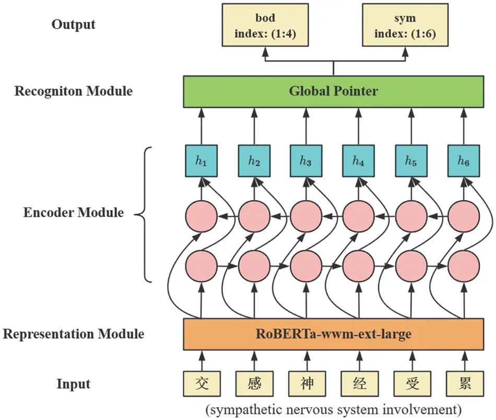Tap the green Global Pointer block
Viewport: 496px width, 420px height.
pos(333,91)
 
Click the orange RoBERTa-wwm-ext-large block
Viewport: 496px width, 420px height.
pos(333,334)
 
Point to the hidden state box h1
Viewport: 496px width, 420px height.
pos(201,161)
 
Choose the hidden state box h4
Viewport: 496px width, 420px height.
pos(358,161)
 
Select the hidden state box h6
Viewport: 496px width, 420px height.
pos(463,161)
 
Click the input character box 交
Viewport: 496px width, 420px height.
pos(201,384)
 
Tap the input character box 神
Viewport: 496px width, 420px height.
pos(306,384)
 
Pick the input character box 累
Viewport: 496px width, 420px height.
pos(463,384)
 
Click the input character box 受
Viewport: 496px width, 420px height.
pos(411,384)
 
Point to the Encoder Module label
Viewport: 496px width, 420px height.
pos(74,213)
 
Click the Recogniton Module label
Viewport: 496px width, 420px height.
pos(74,91)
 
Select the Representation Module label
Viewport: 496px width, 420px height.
pos(74,334)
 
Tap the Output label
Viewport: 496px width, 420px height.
pos(74,25)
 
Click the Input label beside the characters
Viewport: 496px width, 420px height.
pos(74,384)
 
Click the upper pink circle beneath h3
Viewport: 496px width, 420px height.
pos(306,215)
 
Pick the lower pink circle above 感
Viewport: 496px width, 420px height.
pos(254,266)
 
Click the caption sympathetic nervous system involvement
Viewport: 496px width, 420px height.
pos(333,409)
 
